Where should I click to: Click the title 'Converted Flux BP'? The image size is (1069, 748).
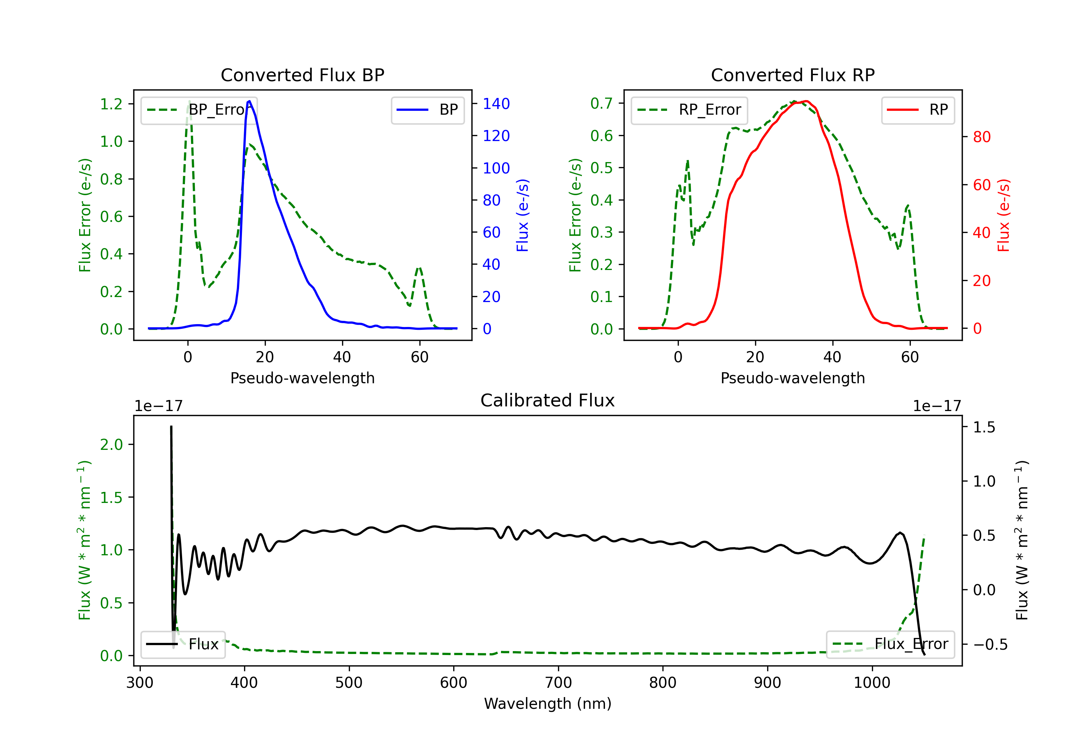pos(302,75)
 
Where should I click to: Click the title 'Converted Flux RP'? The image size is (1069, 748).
pos(792,75)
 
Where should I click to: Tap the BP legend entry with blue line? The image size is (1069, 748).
pos(427,110)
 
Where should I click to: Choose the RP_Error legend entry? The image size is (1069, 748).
pos(689,110)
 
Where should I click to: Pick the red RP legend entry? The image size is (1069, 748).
pos(918,110)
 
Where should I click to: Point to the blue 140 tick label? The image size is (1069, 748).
pos(496,104)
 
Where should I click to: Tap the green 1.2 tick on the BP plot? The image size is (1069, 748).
pos(111,104)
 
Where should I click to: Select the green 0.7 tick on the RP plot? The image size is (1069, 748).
pos(601,103)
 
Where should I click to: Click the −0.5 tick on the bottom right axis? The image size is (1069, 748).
pos(990,644)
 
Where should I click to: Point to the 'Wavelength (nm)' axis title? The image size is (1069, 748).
pos(548,703)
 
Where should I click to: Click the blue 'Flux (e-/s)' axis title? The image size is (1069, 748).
pos(522,215)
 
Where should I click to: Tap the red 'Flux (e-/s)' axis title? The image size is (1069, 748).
pos(1003,215)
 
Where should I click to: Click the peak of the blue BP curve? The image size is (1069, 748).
pos(249,101)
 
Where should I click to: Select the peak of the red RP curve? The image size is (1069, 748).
pos(806,101)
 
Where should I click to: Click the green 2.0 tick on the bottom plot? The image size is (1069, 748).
pos(111,445)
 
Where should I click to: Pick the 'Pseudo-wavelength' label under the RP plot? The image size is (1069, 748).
pos(792,378)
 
